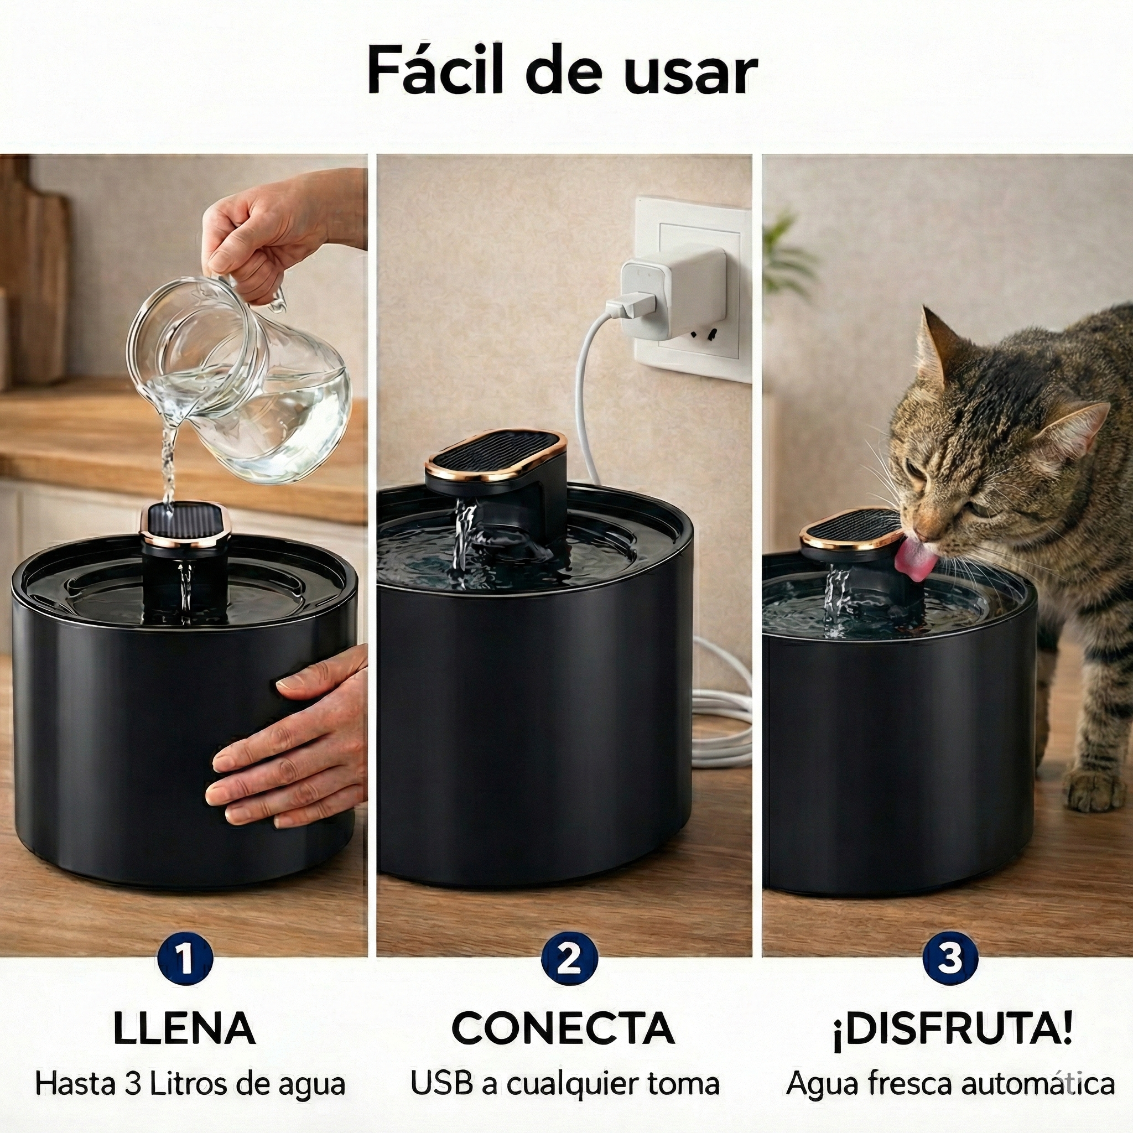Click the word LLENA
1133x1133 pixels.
(x=184, y=1028)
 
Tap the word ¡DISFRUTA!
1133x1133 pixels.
(x=952, y=1028)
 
